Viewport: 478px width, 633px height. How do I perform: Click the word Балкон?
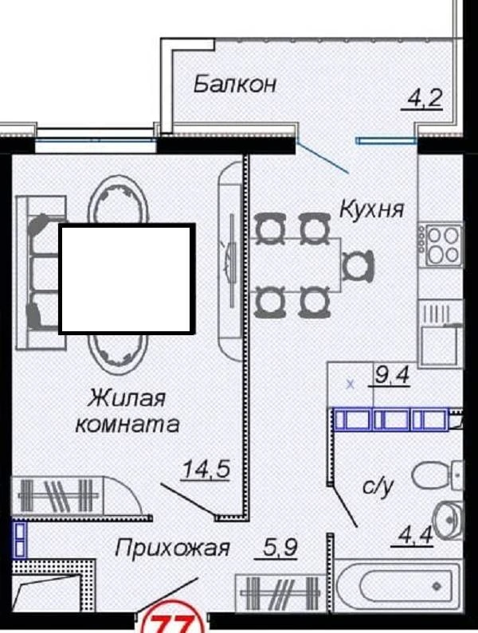click(235, 84)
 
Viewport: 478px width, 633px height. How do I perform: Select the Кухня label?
click(372, 209)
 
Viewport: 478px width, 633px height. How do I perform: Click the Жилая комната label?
click(127, 411)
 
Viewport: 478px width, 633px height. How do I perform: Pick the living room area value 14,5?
click(206, 469)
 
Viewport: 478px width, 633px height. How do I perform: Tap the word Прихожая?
click(172, 549)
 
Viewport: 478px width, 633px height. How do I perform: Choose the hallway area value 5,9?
click(280, 548)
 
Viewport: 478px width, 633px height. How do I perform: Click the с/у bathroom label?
click(378, 486)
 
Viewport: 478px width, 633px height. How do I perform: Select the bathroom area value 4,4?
click(415, 536)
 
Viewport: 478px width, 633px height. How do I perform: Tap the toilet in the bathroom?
click(437, 475)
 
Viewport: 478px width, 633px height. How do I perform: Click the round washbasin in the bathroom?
click(447, 521)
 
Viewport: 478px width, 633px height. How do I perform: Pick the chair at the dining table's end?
click(358, 266)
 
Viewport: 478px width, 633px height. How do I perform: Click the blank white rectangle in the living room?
click(127, 279)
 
